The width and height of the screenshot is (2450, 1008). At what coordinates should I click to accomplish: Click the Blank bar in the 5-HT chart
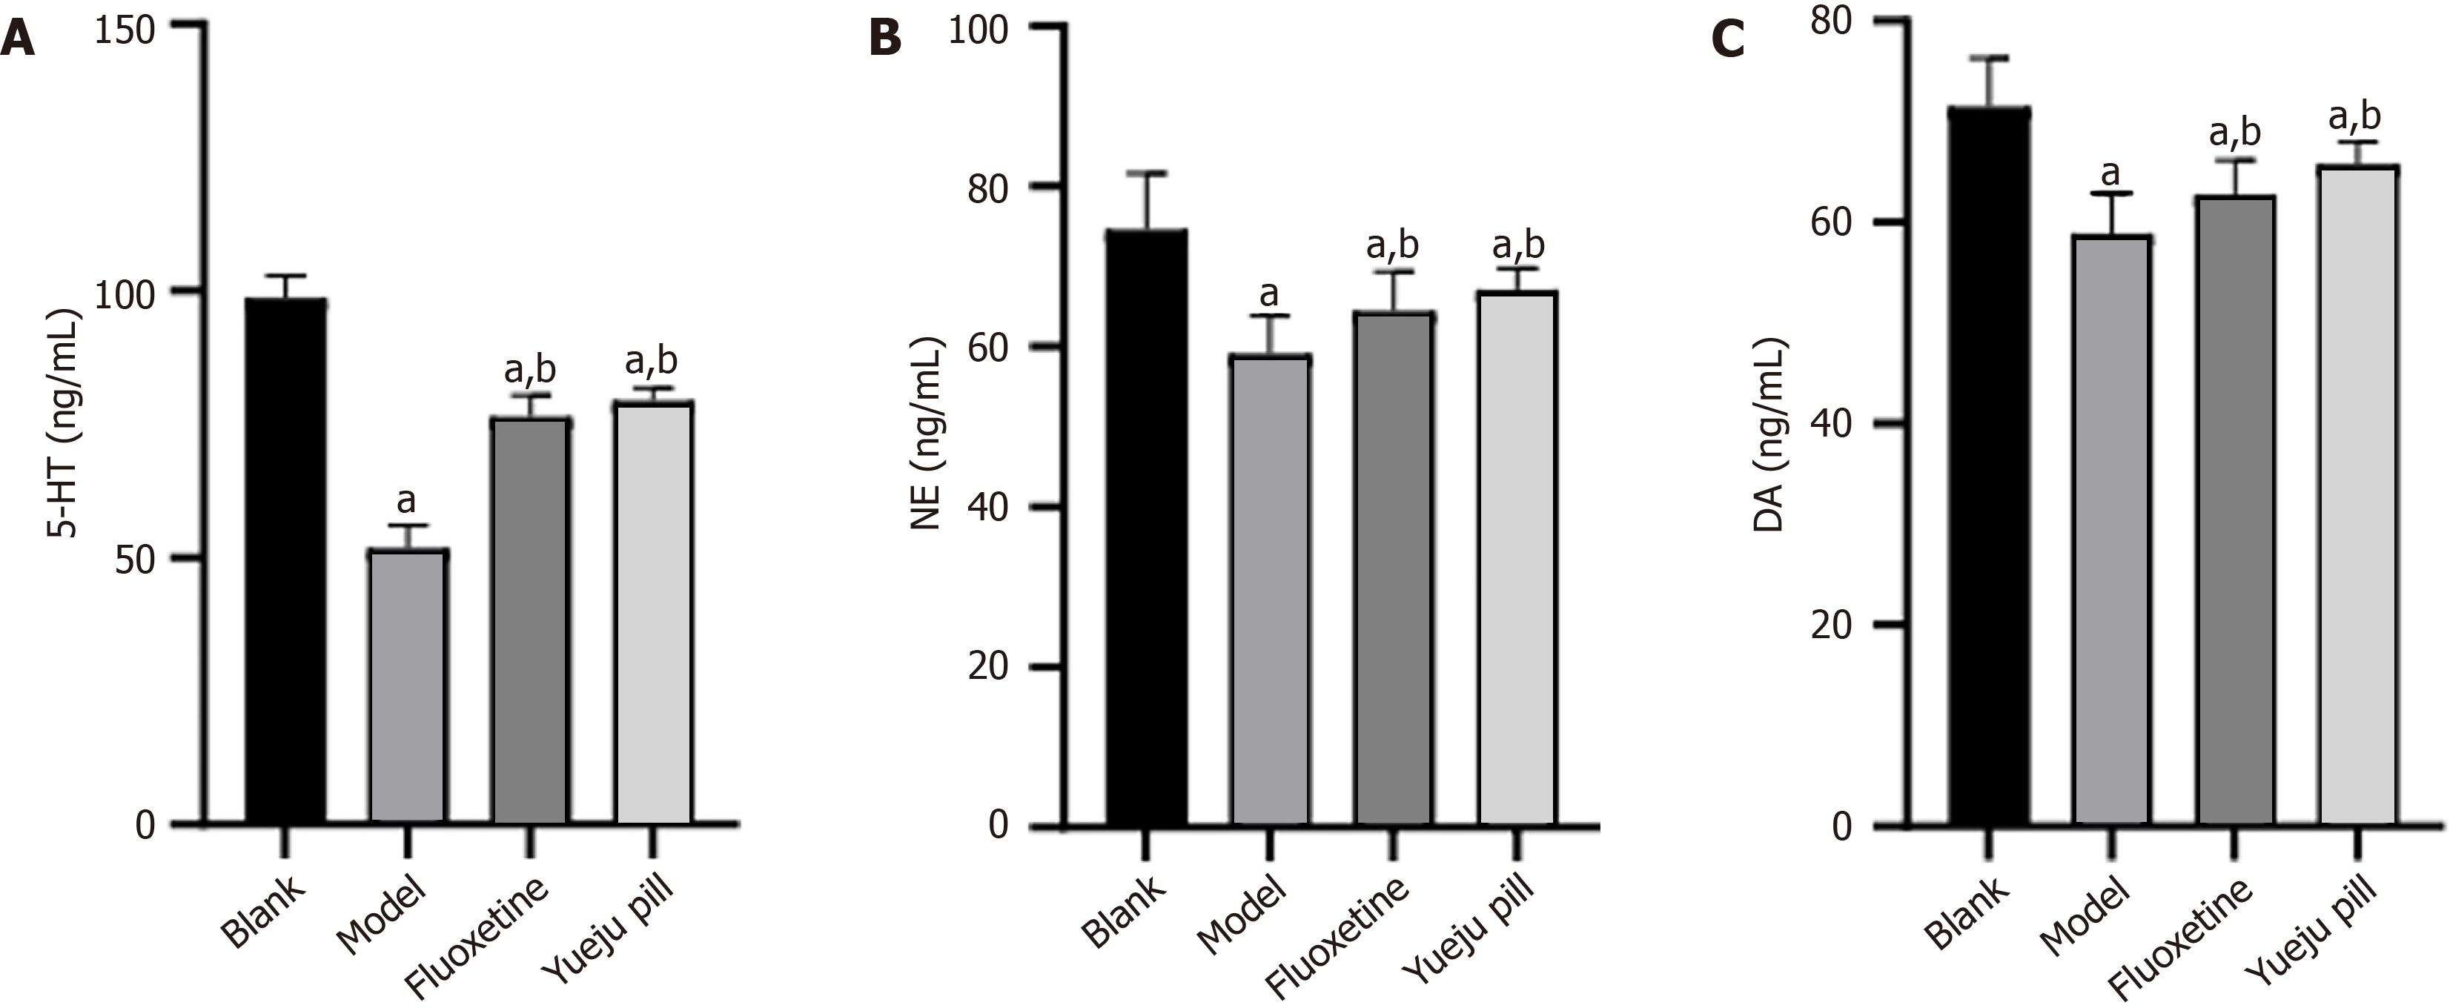pos(285,561)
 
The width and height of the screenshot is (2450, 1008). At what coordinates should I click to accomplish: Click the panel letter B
pos(884,40)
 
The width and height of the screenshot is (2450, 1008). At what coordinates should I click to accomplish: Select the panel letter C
pos(1727,40)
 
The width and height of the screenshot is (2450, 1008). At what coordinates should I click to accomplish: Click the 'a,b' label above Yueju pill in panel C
pos(2354,116)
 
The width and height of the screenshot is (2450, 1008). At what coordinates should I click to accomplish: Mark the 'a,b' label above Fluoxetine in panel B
pos(1392,245)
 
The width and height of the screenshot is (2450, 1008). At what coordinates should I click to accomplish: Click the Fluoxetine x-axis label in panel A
pos(477,937)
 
